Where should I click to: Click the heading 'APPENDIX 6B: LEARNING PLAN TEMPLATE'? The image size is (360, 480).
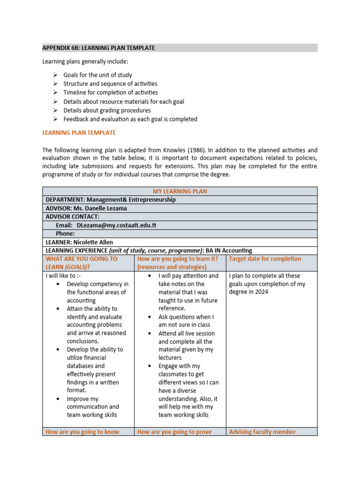(x=98, y=48)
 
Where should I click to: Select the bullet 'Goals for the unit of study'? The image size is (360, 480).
(x=97, y=75)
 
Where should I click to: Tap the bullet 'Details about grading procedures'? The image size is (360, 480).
(x=107, y=111)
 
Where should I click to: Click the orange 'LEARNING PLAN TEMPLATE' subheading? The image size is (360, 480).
(x=79, y=133)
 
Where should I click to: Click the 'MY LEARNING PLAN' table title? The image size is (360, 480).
(x=180, y=191)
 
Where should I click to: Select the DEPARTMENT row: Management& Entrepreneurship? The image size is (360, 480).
(x=111, y=200)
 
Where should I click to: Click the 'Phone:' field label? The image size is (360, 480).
(x=65, y=233)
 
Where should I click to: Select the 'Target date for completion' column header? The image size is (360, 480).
(x=265, y=259)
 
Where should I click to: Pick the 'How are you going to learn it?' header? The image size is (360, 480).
(x=178, y=259)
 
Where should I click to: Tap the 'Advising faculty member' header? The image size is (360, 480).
(x=262, y=432)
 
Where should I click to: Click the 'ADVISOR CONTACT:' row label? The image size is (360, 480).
(x=72, y=217)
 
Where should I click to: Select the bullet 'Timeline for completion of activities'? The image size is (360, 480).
(x=111, y=93)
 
